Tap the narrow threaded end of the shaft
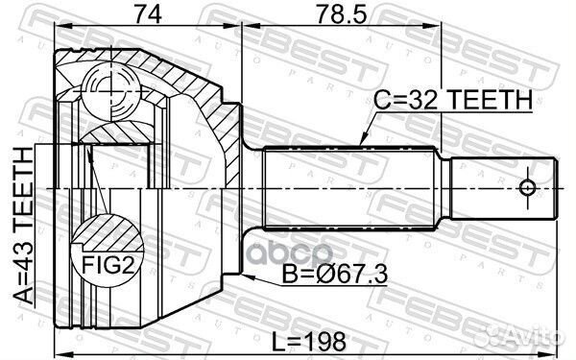(504, 187)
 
